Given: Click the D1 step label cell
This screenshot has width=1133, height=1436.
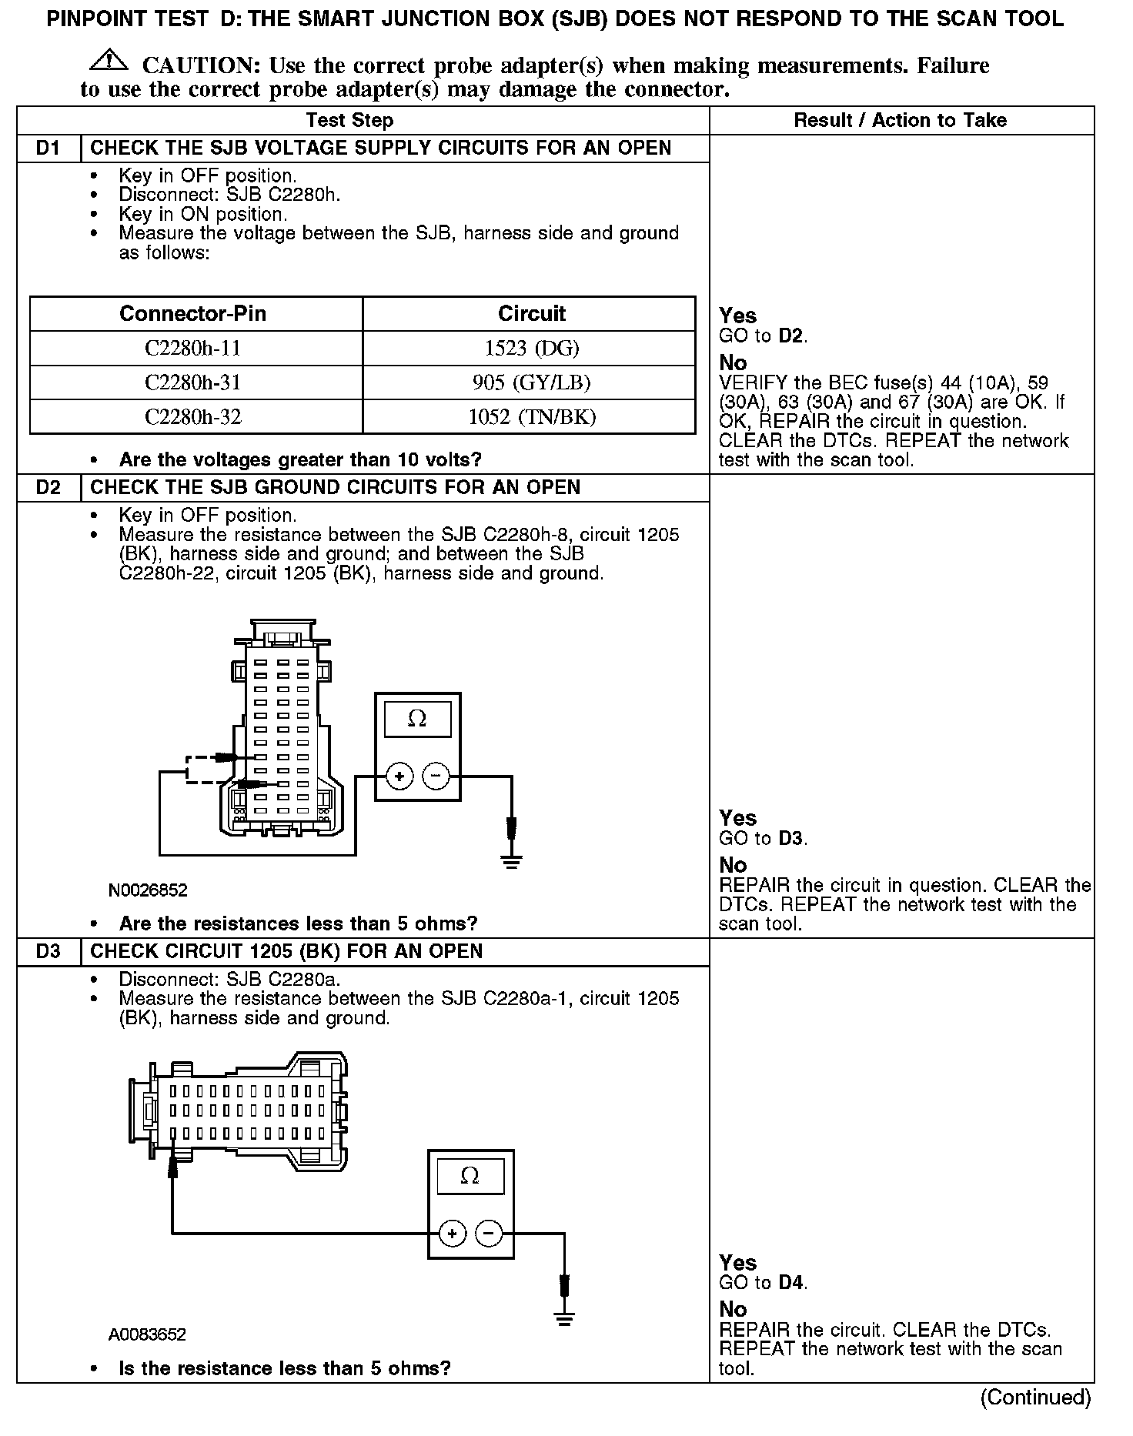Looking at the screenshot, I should point(48,148).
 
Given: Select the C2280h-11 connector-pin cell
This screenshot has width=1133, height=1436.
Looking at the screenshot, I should point(192,348).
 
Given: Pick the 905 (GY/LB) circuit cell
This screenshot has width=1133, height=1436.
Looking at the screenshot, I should point(532,382).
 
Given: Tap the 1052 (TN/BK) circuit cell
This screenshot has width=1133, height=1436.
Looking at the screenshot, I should point(532,416).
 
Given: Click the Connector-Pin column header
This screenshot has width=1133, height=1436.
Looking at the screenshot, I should point(192,313).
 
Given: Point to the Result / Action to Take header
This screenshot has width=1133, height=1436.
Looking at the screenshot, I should point(900,120).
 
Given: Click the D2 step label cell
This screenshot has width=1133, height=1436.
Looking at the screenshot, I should point(48,487).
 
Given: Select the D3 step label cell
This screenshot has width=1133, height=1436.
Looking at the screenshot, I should point(48,951).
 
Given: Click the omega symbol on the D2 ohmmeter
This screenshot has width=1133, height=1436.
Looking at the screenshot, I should point(417,719).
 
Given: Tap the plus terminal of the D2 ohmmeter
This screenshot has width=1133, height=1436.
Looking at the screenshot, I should point(399,776).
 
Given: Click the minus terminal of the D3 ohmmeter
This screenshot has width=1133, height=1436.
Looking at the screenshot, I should point(489,1234).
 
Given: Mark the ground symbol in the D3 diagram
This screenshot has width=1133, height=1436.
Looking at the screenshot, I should point(565,1321).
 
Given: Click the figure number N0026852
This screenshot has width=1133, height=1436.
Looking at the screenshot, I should point(148,890).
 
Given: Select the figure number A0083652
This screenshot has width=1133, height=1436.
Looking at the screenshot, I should point(147,1334).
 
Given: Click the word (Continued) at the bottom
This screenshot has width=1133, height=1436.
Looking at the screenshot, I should point(1035,1397).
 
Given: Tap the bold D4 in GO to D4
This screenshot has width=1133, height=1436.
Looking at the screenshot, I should point(792,1282).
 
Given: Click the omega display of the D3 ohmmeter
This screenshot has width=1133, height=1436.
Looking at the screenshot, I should point(470,1176).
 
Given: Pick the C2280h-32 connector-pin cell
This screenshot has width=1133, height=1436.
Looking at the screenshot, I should point(192,416).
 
